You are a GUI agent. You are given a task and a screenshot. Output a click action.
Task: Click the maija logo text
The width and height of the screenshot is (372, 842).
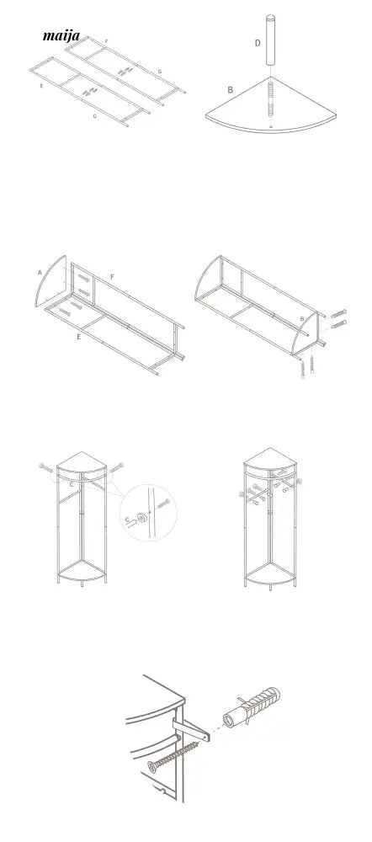pos(61,36)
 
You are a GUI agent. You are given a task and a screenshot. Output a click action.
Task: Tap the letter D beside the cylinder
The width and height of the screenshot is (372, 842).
pos(258,43)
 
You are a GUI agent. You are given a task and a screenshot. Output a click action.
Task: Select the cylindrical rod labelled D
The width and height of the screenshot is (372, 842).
pos(270,41)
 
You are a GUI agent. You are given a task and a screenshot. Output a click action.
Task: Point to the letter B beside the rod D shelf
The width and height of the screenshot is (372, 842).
pos(231,90)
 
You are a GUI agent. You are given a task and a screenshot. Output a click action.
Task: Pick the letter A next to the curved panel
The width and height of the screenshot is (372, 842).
pos(40,273)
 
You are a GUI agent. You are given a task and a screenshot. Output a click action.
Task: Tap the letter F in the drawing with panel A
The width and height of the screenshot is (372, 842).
pos(112,276)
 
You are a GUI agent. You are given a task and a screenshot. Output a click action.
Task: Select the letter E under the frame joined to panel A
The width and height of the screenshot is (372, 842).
pos(79,337)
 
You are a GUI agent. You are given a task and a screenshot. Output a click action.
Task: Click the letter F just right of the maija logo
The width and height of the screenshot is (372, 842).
pos(106,40)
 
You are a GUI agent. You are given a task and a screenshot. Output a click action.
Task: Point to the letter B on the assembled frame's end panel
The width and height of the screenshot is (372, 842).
pos(301,319)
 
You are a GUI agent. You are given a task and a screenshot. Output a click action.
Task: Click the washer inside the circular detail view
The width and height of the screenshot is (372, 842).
pos(142,518)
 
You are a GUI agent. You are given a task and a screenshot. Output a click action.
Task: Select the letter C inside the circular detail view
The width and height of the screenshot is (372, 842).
pos(127,519)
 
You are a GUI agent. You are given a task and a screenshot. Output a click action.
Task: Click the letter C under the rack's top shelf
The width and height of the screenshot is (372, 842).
pos(72,484)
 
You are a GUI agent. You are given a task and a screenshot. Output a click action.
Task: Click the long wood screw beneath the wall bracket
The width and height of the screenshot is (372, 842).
pos(176,755)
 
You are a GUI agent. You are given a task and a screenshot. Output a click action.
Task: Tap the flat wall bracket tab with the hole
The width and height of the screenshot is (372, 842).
pos(192,729)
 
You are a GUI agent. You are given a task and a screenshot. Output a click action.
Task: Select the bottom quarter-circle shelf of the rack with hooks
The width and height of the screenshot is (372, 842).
pos(270,571)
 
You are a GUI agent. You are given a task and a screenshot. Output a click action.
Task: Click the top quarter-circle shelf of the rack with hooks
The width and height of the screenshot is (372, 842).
pos(270,461)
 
